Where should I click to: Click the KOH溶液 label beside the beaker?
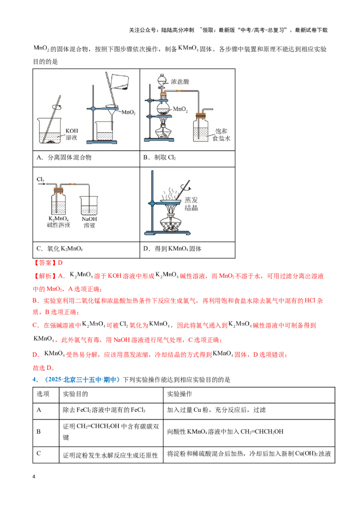pyautogui.click(x=72, y=134)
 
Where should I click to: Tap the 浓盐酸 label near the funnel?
pyautogui.click(x=180, y=81)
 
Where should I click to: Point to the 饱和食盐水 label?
pyautogui.click(x=221, y=135)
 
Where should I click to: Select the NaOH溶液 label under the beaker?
pyautogui.click(x=89, y=222)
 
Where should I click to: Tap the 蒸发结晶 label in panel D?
pyautogui.click(x=191, y=204)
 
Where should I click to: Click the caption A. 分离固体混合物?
pyautogui.click(x=64, y=157)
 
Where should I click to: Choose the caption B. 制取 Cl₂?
pyautogui.click(x=160, y=157)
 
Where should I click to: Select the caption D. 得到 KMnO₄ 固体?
pyautogui.click(x=172, y=249)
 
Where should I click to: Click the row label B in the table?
pyautogui.click(x=39, y=431)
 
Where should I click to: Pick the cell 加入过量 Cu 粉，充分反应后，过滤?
pyautogui.click(x=216, y=410)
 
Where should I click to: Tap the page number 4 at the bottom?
pyautogui.click(x=34, y=477)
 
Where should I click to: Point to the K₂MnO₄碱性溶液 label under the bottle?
pyautogui.click(x=58, y=222)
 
